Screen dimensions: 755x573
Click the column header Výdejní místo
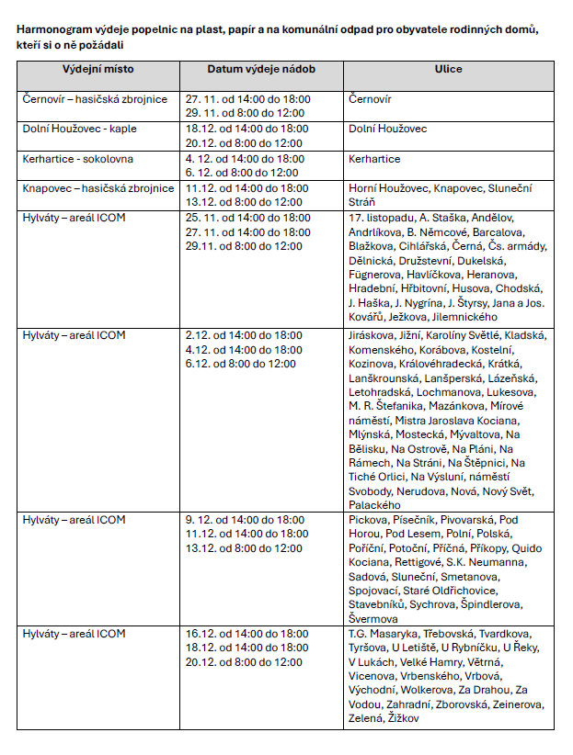[97, 70]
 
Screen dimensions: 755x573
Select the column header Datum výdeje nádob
[248, 70]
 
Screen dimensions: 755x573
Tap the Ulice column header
[448, 70]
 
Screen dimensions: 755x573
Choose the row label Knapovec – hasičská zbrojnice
[98, 188]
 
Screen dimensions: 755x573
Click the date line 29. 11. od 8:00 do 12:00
[244, 114]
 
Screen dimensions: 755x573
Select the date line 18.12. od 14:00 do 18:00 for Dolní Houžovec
[246, 130]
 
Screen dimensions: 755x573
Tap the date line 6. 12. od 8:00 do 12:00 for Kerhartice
[242, 173]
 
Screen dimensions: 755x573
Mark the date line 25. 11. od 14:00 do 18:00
[247, 218]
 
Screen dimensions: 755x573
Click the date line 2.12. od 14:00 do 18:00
[244, 335]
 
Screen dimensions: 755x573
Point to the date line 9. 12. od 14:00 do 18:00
[245, 520]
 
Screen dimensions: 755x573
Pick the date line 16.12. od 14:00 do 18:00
[246, 634]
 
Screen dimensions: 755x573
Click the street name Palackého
[375, 505]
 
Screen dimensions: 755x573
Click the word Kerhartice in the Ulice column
[374, 159]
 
